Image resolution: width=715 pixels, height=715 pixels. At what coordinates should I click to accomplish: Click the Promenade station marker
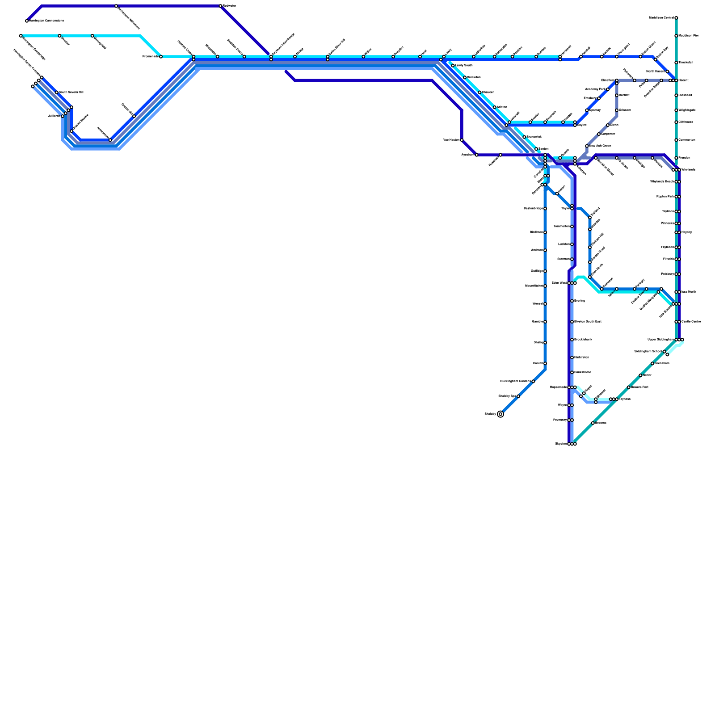161,57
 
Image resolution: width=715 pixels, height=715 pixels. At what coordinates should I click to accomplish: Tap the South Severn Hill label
71,93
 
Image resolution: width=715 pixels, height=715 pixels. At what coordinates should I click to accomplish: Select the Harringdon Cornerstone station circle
27,21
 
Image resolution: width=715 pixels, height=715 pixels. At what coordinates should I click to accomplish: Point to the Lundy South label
464,66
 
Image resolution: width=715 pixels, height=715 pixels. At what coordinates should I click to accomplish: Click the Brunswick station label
534,137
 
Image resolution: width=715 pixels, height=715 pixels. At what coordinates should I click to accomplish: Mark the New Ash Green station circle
587,146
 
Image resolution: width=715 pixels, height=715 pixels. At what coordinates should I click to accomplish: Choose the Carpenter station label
608,134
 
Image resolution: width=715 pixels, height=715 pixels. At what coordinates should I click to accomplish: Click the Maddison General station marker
676,18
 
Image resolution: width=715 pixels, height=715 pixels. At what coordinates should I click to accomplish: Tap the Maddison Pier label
689,36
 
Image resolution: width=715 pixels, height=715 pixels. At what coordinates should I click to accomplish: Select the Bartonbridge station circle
545,209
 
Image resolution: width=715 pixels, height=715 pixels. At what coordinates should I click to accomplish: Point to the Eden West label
559,283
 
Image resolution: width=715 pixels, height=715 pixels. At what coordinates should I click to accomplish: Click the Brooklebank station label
583,340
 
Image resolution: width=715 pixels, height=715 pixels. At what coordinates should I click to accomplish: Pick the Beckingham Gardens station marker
533,381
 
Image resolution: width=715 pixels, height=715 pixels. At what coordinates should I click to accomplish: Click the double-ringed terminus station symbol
500,414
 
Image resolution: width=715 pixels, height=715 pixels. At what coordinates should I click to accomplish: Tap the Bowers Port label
639,387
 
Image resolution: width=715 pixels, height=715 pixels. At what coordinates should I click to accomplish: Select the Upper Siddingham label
660,340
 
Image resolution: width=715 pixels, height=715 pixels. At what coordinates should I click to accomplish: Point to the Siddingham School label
648,352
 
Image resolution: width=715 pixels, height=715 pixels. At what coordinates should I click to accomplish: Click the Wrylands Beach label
662,182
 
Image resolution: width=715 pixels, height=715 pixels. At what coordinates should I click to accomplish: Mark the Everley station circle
572,301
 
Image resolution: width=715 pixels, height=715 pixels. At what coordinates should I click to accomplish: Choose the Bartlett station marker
617,95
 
